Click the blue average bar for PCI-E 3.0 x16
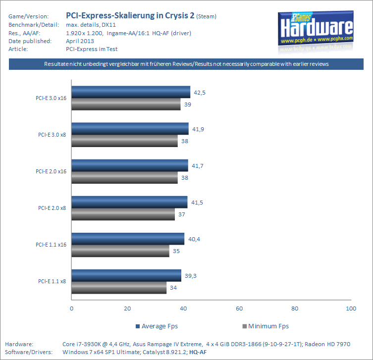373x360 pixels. tap(131, 92)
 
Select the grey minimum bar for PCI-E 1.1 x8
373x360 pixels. tap(119, 288)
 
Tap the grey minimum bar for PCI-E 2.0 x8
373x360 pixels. tap(123, 214)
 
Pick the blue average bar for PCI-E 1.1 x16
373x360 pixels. tap(128, 239)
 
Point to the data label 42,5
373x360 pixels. tap(200, 93)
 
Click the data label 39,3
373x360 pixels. tap(191, 276)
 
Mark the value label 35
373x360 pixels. tap(176, 251)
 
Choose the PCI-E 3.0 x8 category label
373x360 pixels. tap(52, 135)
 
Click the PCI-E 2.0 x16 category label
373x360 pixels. tap(51, 171)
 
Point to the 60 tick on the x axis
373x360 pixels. tap(239, 309)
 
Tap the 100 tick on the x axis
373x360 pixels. tap(351, 309)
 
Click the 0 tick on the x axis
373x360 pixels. tap(72, 309)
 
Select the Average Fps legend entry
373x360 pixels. tap(157, 326)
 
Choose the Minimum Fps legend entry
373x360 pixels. tap(266, 326)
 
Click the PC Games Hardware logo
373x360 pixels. tap(316, 29)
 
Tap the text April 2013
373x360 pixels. tap(80, 41)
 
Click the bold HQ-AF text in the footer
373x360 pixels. tap(198, 352)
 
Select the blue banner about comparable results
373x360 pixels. tap(186, 64)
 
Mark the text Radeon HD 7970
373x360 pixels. tap(327, 344)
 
